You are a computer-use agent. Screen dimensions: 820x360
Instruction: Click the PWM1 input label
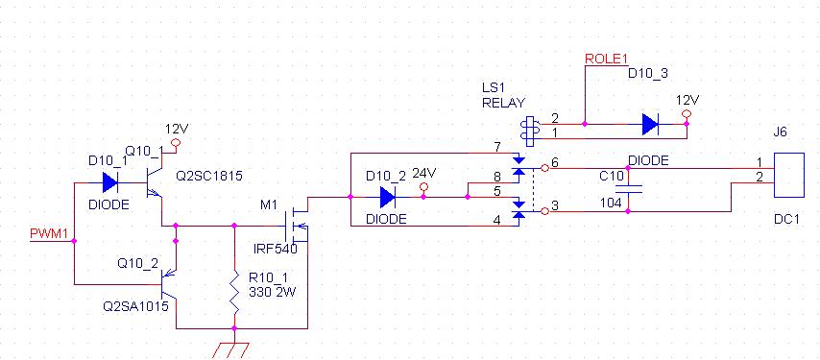[49, 233]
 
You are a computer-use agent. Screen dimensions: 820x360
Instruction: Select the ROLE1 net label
[606, 59]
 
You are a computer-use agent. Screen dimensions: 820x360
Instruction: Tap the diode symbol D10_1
[110, 182]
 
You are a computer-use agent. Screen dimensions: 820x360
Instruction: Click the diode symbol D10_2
[387, 197]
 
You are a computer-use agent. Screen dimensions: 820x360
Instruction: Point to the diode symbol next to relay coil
[650, 125]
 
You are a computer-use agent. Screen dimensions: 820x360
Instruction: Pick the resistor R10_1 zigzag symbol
[234, 293]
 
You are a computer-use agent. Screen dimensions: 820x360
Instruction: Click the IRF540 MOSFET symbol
[297, 226]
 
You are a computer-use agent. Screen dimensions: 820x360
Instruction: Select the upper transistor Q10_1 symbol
[156, 182]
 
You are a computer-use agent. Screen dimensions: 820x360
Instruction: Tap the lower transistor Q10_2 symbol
[168, 285]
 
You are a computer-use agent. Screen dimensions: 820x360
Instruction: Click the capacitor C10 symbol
[628, 189]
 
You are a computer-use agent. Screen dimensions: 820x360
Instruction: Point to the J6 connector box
[789, 175]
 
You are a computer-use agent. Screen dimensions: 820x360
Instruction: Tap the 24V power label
[424, 173]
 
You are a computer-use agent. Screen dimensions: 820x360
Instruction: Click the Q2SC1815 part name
[209, 176]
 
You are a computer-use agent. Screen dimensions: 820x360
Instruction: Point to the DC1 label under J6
[787, 220]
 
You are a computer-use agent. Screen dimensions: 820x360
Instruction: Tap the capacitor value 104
[613, 203]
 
